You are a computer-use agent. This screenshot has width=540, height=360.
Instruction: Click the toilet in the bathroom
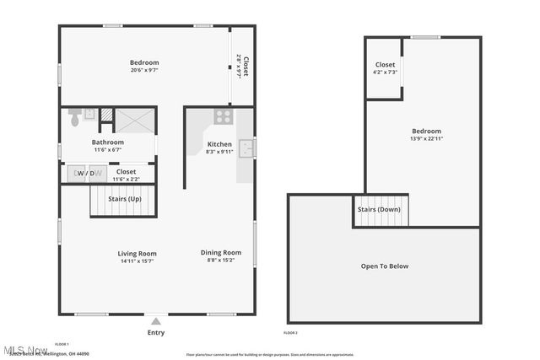click(75, 117)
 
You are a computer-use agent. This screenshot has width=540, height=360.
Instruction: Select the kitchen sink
click(246, 148)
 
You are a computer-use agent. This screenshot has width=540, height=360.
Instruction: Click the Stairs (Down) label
click(379, 209)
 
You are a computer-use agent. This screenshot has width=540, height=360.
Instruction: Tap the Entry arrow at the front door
click(155, 321)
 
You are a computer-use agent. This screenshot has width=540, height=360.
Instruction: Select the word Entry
click(156, 332)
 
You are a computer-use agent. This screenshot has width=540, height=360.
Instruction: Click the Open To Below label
click(384, 266)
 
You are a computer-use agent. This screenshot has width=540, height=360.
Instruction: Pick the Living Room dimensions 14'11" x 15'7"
click(137, 261)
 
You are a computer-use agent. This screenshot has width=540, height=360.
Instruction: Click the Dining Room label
click(221, 252)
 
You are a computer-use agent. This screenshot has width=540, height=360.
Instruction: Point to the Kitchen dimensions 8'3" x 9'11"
click(219, 152)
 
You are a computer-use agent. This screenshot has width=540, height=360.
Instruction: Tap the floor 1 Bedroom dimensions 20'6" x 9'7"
click(144, 70)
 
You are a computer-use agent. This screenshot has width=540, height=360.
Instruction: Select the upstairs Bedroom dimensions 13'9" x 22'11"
click(426, 138)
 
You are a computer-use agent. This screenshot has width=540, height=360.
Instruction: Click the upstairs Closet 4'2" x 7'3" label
click(385, 68)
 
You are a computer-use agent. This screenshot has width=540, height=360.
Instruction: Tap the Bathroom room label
click(108, 142)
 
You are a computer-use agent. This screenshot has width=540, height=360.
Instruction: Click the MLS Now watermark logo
click(24, 350)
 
